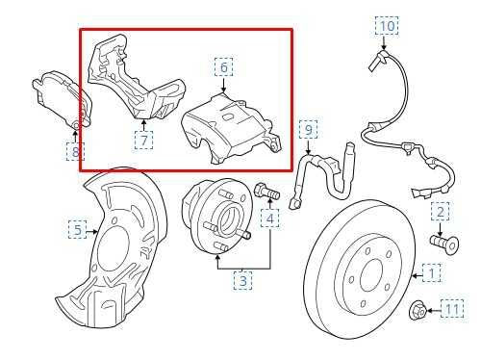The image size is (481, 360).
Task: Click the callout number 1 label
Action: [432, 273]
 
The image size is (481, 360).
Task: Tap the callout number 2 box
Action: [440, 212]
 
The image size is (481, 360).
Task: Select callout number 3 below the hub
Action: [242, 281]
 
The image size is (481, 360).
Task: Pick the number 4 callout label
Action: [270, 219]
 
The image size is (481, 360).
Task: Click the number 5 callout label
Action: [78, 229]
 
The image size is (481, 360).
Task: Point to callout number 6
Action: [223, 67]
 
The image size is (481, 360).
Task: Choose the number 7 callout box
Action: [143, 141]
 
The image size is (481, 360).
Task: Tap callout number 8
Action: [75, 151]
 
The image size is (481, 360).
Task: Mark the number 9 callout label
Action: [308, 130]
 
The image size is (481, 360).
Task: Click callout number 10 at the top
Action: [387, 26]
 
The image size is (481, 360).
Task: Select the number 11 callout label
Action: [452, 309]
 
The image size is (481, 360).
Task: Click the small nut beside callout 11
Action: [418, 310]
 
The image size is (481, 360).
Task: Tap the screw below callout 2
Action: [444, 244]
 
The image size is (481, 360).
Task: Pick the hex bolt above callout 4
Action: [266, 191]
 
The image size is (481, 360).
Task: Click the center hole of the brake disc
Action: [371, 276]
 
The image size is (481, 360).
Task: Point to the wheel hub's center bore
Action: [228, 221]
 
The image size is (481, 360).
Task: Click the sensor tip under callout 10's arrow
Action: [378, 62]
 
